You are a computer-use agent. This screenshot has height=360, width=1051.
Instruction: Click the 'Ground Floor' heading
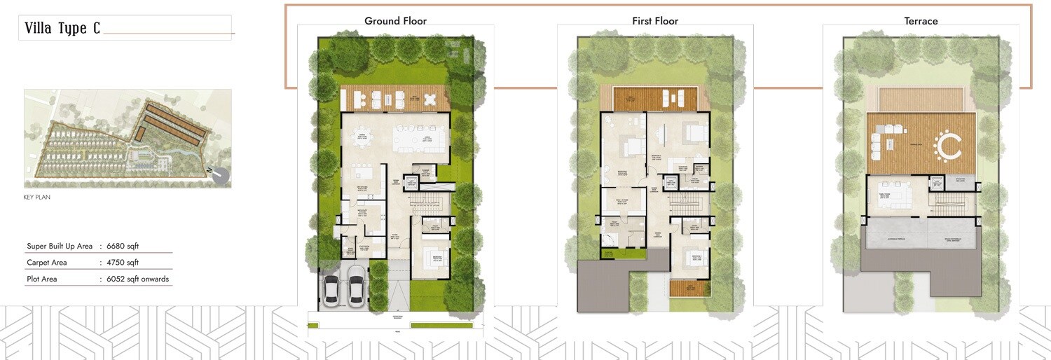[x=395, y=21]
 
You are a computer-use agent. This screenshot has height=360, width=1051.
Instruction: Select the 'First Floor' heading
[x=655, y=21]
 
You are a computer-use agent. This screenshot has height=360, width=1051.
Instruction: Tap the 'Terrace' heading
[x=921, y=21]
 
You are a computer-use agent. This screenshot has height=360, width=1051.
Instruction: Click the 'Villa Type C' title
[x=62, y=29]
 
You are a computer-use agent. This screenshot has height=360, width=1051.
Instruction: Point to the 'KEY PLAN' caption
[x=37, y=198]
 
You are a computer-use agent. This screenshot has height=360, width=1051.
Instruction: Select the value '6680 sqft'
[x=123, y=246]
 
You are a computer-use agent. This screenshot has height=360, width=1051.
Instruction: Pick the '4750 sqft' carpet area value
[x=123, y=263]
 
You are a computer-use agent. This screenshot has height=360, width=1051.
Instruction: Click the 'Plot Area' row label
[x=42, y=279]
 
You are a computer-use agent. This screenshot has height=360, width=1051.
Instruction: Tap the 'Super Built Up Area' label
[x=60, y=246]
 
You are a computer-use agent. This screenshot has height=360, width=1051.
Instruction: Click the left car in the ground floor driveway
[x=331, y=288]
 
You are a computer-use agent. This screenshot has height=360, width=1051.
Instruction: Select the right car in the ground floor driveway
[x=356, y=287]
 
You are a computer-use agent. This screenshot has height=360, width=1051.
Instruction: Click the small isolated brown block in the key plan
[x=140, y=133]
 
